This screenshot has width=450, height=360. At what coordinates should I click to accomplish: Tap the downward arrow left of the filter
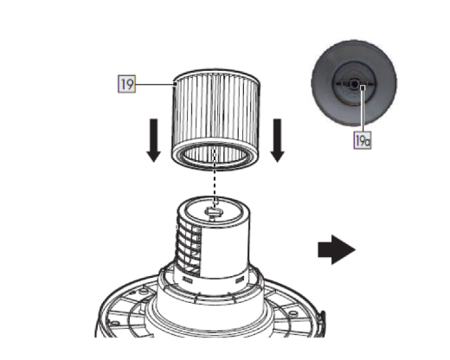tap(153, 142)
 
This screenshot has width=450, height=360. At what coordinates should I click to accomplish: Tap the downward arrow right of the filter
tap(278, 142)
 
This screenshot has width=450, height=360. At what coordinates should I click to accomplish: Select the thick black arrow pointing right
tap(337, 251)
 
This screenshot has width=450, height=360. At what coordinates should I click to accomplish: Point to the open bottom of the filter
tap(215, 157)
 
